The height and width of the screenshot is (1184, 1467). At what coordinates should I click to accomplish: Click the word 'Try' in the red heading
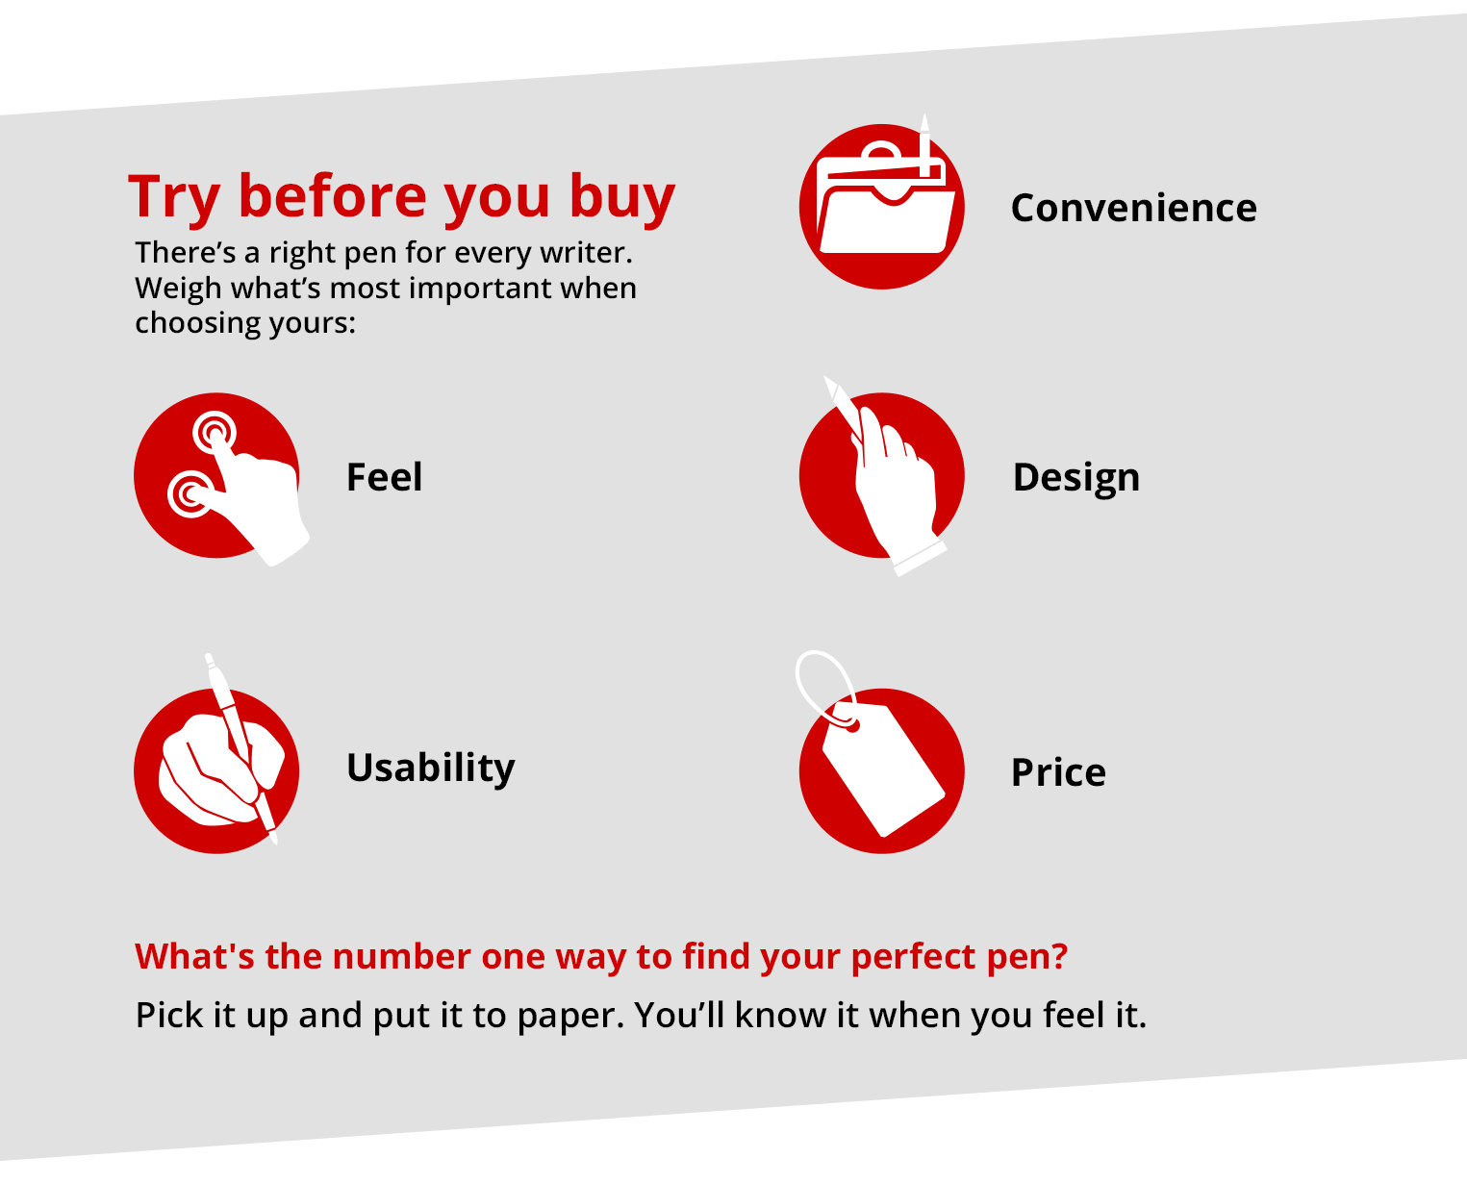click(x=174, y=197)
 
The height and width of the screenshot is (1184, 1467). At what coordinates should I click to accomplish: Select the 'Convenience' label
click(x=1133, y=207)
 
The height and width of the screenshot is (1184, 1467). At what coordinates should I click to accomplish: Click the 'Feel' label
click(x=384, y=476)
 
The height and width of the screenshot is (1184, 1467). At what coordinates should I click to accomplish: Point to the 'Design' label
click(x=1075, y=478)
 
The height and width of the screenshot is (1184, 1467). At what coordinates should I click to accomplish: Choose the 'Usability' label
click(x=430, y=768)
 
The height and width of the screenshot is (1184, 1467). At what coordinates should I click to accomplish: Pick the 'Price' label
click(x=1058, y=771)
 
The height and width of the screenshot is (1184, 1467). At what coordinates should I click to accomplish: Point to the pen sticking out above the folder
click(x=925, y=144)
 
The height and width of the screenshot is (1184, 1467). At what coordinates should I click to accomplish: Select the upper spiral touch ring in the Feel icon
click(x=215, y=432)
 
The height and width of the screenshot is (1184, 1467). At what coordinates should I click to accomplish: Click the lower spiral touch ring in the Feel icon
click(x=190, y=493)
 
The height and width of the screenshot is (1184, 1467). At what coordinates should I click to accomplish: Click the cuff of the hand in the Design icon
click(x=921, y=558)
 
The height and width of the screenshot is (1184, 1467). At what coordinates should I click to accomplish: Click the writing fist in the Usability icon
click(x=220, y=768)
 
